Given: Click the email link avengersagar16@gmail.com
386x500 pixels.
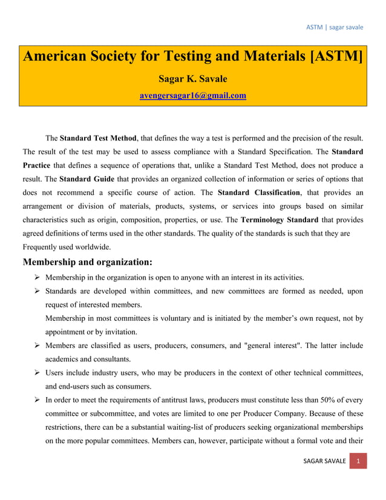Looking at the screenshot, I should click(193, 95).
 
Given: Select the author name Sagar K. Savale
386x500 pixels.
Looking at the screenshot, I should click(193, 79).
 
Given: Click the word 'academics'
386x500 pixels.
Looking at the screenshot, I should click(64, 358).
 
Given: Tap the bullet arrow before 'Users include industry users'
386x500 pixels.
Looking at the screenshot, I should click(37, 373).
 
